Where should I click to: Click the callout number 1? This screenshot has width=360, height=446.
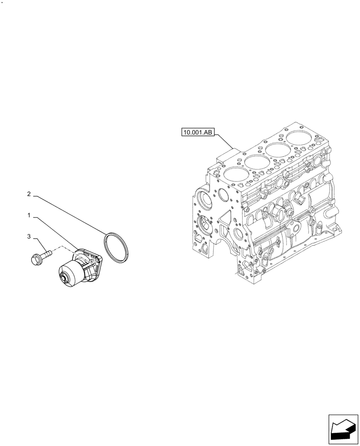coord(29,215)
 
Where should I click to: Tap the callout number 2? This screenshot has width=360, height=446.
coord(29,194)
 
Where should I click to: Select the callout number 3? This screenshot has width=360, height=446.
coord(29,237)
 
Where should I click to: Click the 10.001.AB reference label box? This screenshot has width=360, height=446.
coord(198,132)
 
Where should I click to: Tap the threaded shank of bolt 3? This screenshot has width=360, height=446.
coord(46,254)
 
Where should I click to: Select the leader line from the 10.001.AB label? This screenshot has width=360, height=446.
coord(225,142)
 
